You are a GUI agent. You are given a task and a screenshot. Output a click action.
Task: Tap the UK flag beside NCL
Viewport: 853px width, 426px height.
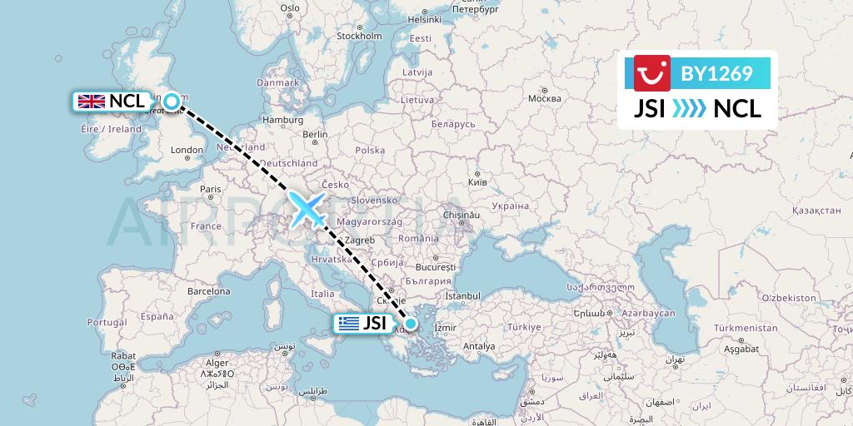[x=90, y=102]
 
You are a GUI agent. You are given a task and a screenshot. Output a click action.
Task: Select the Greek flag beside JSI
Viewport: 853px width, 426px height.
[x=349, y=324]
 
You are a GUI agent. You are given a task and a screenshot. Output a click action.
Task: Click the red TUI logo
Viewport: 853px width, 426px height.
[x=651, y=73]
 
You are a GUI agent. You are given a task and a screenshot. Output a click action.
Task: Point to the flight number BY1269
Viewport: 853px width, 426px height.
[x=716, y=74]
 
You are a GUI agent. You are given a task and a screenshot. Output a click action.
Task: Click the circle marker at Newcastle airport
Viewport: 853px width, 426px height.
[x=172, y=102]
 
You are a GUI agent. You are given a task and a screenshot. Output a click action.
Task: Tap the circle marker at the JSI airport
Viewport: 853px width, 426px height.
[x=410, y=324]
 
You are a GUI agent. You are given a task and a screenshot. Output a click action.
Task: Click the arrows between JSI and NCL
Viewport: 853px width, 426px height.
[x=689, y=108]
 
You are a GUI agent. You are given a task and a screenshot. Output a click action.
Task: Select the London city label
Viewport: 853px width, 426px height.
[x=187, y=151]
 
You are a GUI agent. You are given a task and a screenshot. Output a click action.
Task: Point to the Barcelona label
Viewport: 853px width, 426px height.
[x=208, y=292]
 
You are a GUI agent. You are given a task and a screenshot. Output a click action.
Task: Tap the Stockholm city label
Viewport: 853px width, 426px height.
[x=359, y=36]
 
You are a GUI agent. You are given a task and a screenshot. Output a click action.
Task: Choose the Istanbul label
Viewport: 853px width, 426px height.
[x=462, y=295]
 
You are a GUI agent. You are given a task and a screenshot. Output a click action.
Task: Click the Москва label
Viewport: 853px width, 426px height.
[x=545, y=99]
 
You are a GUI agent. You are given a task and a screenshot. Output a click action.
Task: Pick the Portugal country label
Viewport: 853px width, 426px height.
[x=106, y=322]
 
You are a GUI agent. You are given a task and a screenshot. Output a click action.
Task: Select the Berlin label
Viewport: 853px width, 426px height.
[x=315, y=135]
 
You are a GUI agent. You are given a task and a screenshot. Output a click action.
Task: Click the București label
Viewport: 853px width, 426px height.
[x=437, y=269]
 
